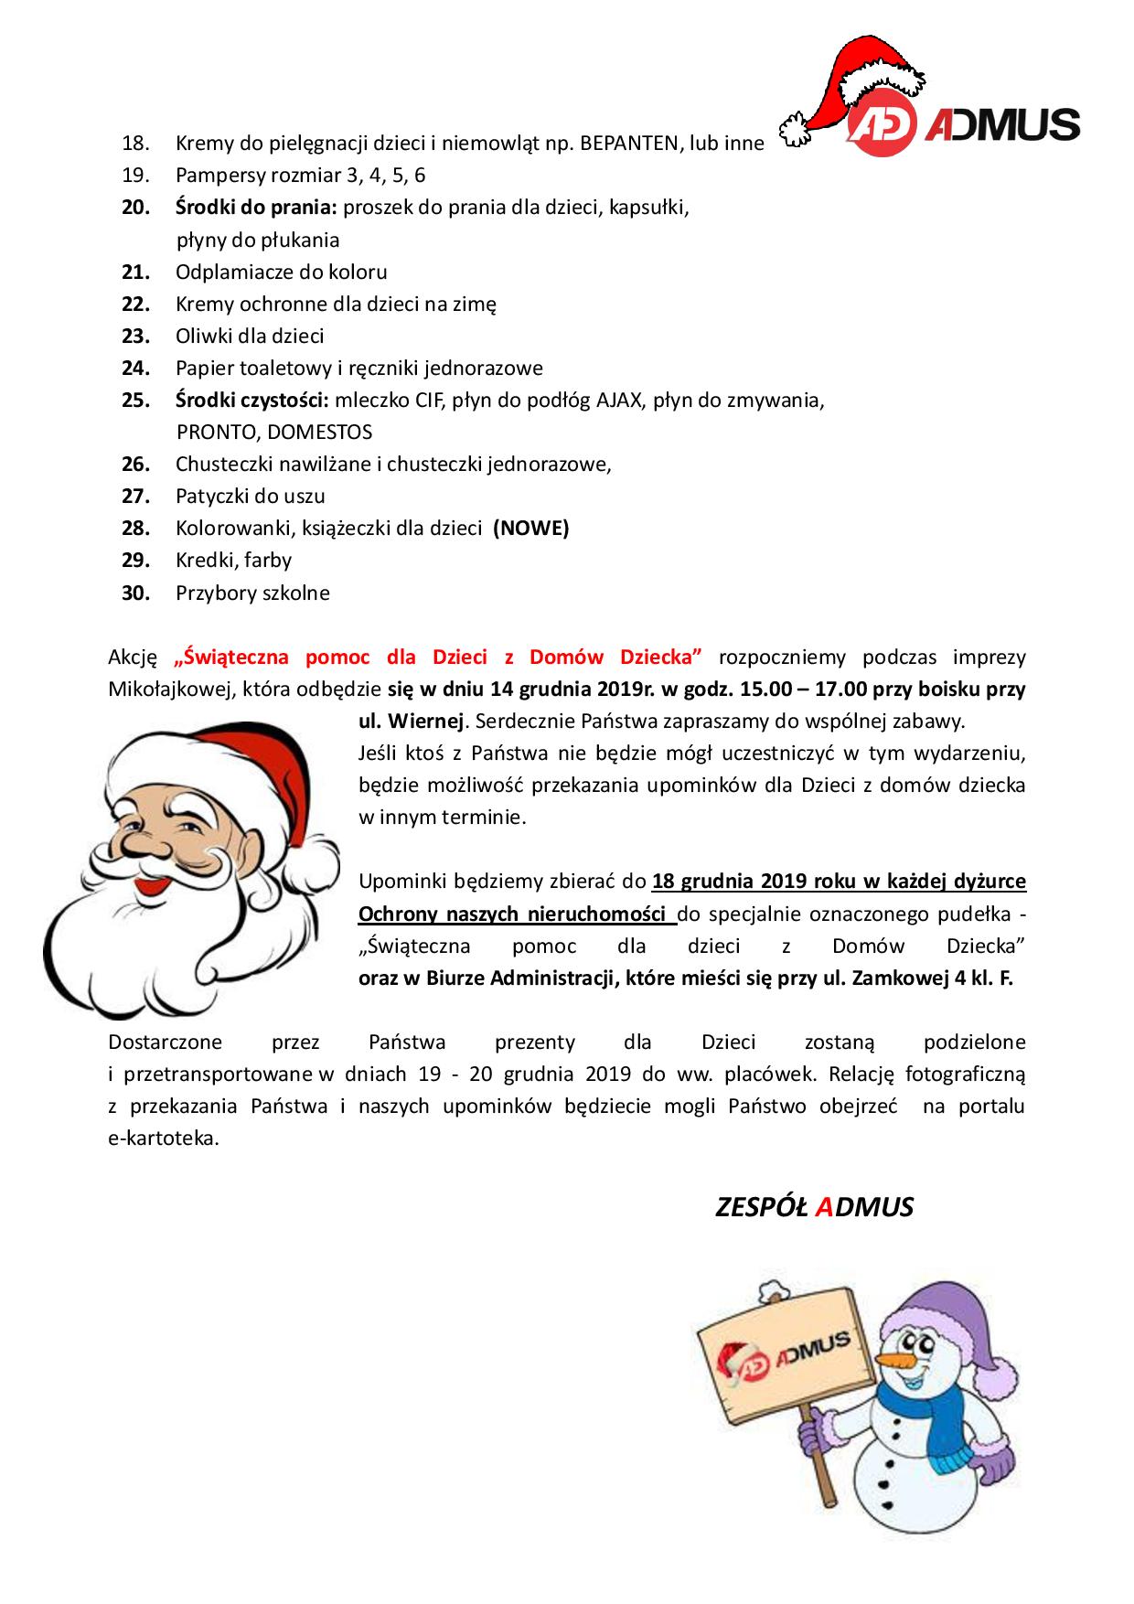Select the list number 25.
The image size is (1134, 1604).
(135, 400)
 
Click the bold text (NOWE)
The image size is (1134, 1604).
(530, 528)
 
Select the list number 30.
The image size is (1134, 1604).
(135, 593)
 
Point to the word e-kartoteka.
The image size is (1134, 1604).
(163, 1139)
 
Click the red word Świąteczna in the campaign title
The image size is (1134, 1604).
(232, 657)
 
